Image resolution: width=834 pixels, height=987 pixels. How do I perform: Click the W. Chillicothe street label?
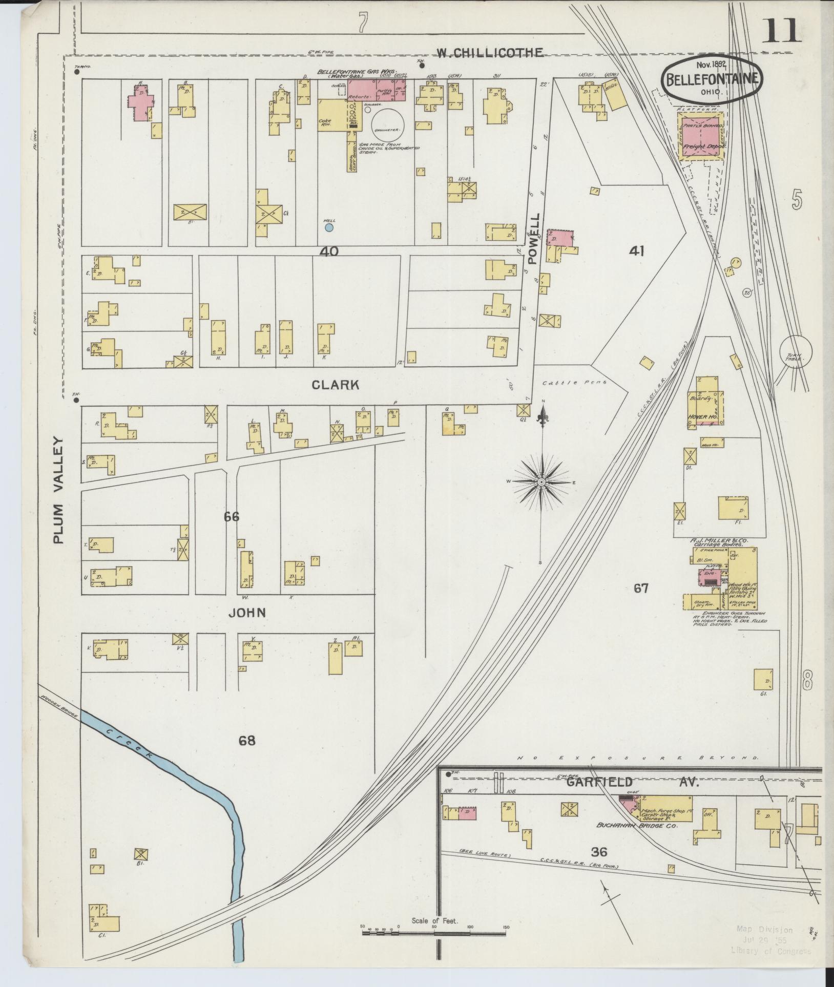[496, 52]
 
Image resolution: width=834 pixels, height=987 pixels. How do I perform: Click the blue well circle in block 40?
[329, 227]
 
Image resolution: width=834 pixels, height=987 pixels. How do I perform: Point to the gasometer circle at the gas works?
[388, 123]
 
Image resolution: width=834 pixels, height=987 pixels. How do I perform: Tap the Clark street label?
[336, 385]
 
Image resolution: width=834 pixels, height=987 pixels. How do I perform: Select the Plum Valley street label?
[60, 490]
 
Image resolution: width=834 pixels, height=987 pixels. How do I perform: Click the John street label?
[247, 612]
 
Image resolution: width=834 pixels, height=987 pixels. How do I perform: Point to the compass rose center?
[541, 482]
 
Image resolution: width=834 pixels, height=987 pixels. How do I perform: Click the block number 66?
[231, 517]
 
